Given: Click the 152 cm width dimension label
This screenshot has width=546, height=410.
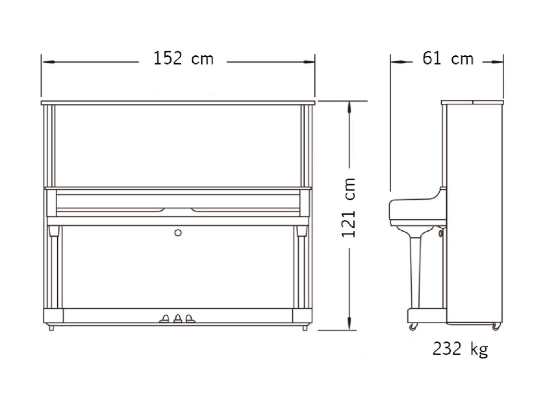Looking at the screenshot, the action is click(x=183, y=58).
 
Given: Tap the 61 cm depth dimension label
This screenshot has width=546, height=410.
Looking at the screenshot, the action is click(x=448, y=58).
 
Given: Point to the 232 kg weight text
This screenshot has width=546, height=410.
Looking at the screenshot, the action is click(x=460, y=348).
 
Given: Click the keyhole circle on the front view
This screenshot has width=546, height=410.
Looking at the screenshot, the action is click(x=178, y=233).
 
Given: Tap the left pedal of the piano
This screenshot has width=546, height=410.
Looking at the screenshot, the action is click(x=164, y=319).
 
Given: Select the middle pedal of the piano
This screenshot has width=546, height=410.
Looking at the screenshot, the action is click(x=178, y=318).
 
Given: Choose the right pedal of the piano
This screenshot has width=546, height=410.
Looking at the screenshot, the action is click(x=190, y=319).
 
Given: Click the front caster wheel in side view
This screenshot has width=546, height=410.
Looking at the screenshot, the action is click(x=413, y=326).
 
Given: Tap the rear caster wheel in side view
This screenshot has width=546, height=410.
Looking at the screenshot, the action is click(x=496, y=326).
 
